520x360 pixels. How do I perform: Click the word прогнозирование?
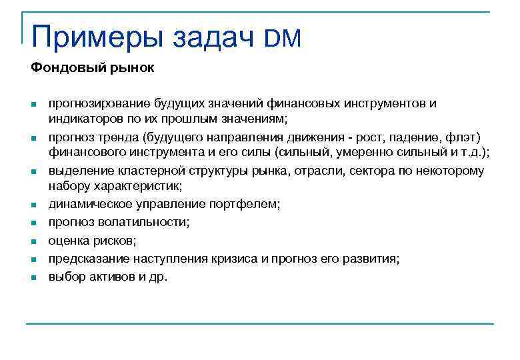(x=99, y=104)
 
